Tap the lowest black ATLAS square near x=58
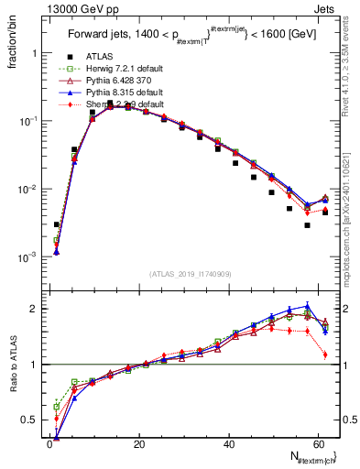308,225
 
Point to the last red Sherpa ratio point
325,354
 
